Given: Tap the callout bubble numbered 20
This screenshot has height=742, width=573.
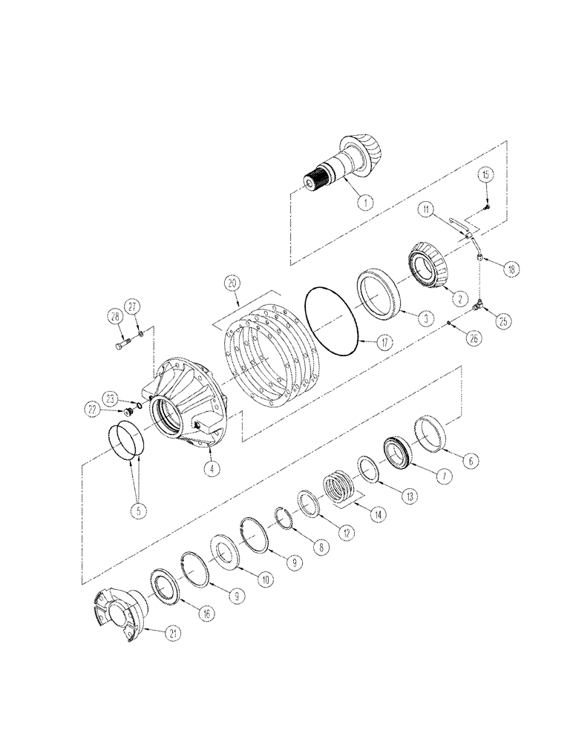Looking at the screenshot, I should click(232, 283).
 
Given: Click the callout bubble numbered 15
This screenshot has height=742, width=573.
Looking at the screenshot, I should click(486, 175).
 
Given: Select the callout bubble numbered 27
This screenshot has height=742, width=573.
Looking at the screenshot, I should click(133, 305).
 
